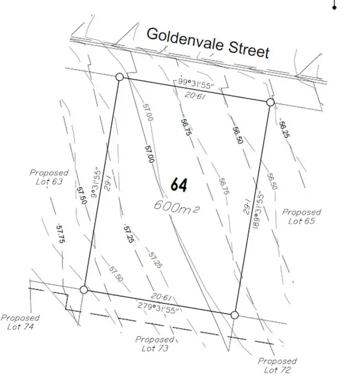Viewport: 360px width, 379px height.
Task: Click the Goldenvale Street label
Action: coord(207,42)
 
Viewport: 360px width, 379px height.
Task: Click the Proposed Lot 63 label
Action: coord(49,177)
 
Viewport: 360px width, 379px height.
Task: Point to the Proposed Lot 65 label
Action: coord(301,216)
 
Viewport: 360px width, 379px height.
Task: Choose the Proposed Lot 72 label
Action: coord(277,366)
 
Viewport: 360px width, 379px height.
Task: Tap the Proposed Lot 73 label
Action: coord(154,343)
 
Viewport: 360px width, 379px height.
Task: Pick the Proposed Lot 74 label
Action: coord(20,322)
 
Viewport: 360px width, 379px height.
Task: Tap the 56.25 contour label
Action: coord(285,129)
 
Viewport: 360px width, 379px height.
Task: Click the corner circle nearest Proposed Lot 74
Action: coord(84,289)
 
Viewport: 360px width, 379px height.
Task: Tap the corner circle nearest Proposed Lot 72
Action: coord(234,315)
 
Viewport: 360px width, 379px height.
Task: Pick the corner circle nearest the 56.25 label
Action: coord(270,102)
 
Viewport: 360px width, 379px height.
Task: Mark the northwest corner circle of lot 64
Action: coord(120,77)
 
